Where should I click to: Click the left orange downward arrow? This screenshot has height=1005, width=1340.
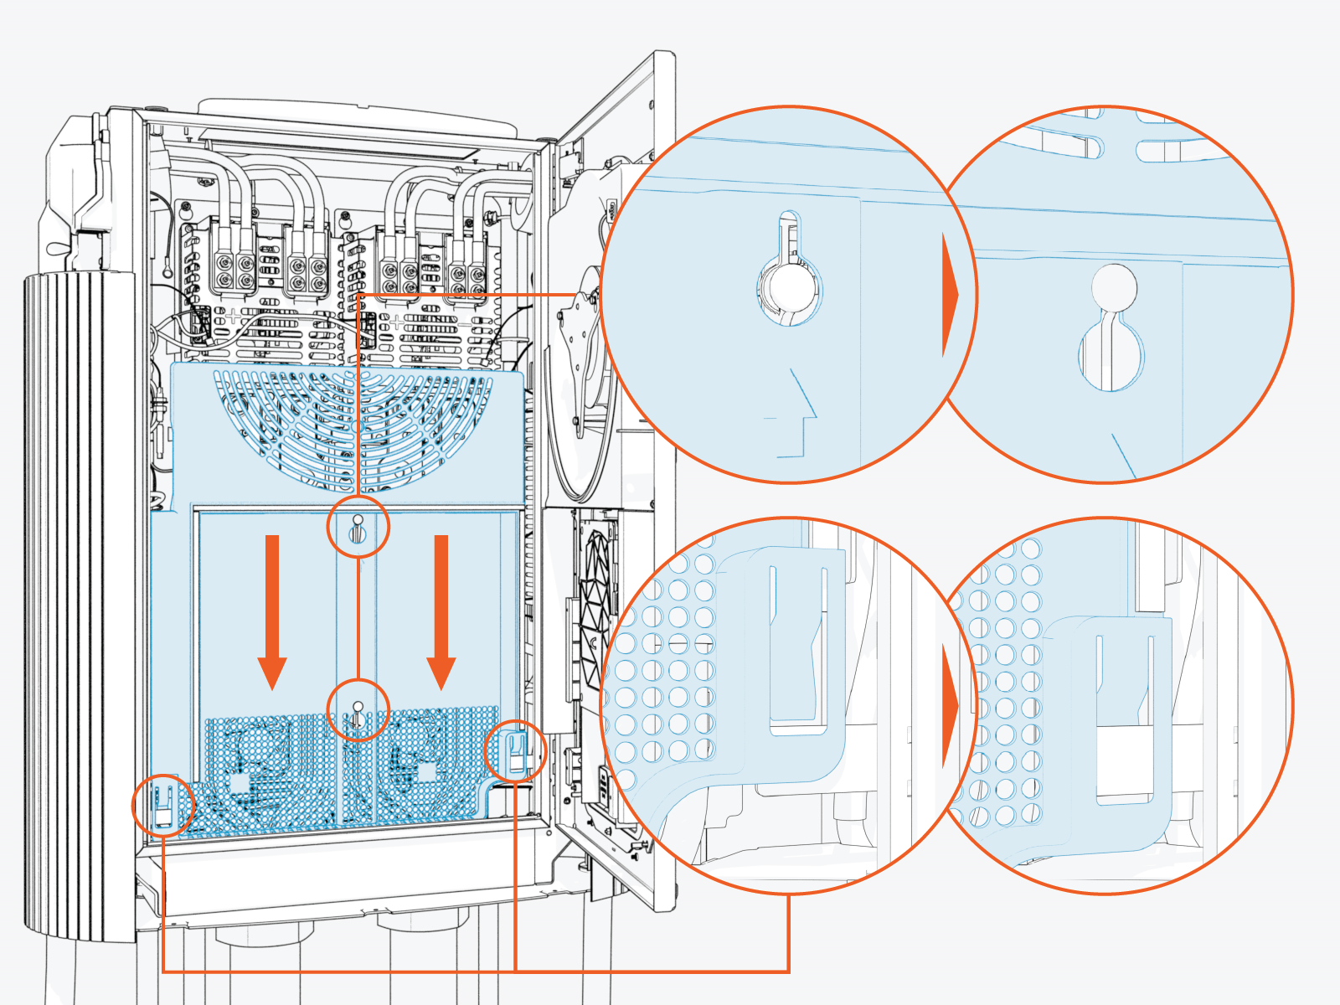pos(271,611)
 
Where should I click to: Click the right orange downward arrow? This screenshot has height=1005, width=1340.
pos(441,611)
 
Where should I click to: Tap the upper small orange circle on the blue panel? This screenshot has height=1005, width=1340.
pos(358,528)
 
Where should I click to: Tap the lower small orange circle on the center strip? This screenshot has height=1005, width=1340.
pos(358,709)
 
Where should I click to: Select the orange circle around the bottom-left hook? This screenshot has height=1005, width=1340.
pos(163,805)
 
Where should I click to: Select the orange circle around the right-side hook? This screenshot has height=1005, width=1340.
pos(516,750)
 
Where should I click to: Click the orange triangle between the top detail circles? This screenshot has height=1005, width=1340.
pos(950,295)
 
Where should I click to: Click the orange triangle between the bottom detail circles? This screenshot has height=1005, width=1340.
pos(950,705)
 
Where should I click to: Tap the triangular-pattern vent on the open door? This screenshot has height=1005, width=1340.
pos(597,603)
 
